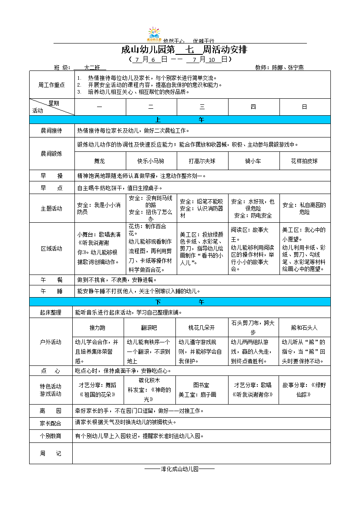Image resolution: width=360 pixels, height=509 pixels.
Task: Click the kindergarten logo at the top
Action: [154, 34]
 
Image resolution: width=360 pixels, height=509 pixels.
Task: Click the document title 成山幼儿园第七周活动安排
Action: [184, 50]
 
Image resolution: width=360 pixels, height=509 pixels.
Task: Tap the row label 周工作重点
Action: [51, 85]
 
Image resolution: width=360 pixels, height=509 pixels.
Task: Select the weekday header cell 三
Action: [202, 107]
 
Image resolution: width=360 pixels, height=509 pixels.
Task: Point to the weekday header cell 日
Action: [304, 107]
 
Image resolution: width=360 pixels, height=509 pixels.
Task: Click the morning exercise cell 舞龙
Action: [99, 161]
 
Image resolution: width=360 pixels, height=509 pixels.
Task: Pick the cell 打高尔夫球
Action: [202, 161]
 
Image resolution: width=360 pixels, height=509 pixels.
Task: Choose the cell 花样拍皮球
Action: [304, 161]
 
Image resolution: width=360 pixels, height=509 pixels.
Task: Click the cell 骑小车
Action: [253, 161]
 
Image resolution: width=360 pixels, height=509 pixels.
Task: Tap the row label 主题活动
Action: [51, 208]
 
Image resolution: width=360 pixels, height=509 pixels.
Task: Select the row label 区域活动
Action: [51, 248]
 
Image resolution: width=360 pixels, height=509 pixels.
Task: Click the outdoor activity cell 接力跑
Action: [98, 327]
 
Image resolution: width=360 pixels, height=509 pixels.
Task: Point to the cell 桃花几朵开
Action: [202, 327]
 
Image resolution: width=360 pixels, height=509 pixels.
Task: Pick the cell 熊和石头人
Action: [304, 327]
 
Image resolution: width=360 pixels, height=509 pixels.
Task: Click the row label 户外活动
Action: [50, 342]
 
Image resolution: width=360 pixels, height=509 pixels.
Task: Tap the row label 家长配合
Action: [50, 423]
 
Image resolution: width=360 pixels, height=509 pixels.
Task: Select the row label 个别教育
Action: [50, 435]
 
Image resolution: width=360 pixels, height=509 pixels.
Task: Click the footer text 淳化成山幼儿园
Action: [179, 469]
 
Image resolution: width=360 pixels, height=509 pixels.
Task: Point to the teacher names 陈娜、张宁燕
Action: [288, 67]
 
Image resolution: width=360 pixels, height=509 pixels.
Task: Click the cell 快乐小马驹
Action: [151, 161]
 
